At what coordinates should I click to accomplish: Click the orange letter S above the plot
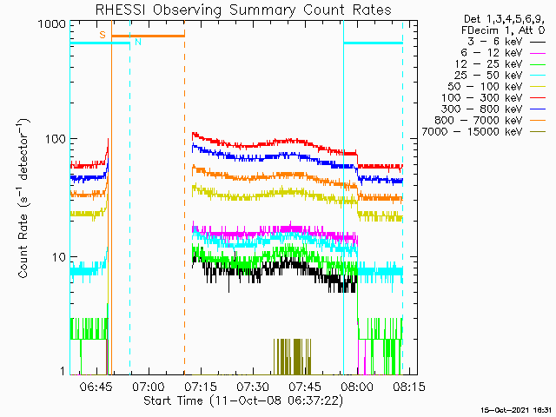[x=103, y=35]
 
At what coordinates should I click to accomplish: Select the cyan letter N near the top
[x=136, y=43]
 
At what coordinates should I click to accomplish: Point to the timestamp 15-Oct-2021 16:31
[x=518, y=409]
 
